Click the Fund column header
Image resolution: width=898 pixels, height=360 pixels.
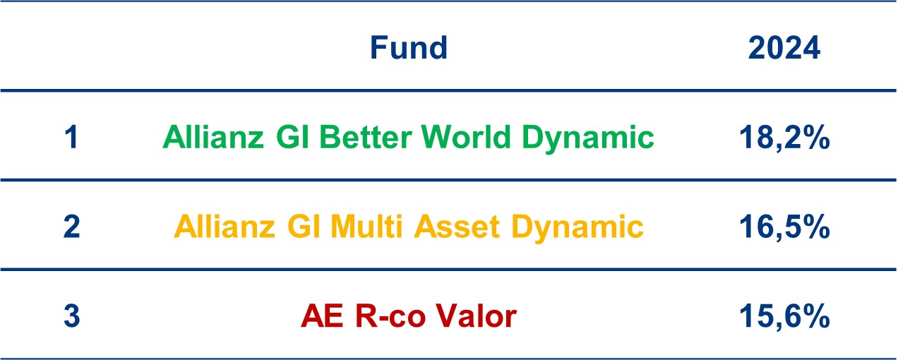point(409,48)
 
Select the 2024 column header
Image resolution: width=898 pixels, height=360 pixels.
point(784,48)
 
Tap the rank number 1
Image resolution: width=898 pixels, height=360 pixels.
point(71,137)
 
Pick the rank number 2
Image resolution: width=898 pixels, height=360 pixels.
point(72,227)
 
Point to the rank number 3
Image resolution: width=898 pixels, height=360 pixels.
point(72,316)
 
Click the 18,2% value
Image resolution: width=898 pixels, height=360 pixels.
point(784,138)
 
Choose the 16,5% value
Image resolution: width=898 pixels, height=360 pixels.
point(784,227)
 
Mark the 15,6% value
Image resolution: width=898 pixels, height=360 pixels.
point(784,316)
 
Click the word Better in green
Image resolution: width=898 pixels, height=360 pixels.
point(366,137)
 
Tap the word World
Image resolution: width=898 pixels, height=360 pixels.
point(466,137)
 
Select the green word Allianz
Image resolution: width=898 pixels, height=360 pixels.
point(213,137)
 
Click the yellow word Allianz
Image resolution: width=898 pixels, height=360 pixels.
point(224,227)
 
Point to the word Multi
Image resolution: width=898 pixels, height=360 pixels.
point(366,227)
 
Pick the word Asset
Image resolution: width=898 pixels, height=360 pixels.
point(457,227)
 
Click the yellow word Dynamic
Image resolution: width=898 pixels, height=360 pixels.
point(577,227)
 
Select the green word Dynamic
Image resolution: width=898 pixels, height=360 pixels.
point(588,138)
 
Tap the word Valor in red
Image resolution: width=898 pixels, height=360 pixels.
point(477,316)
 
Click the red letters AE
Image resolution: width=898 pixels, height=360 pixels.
point(322,316)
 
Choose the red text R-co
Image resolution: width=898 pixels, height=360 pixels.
point(390,316)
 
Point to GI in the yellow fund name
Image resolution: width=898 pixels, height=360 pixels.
point(304,227)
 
